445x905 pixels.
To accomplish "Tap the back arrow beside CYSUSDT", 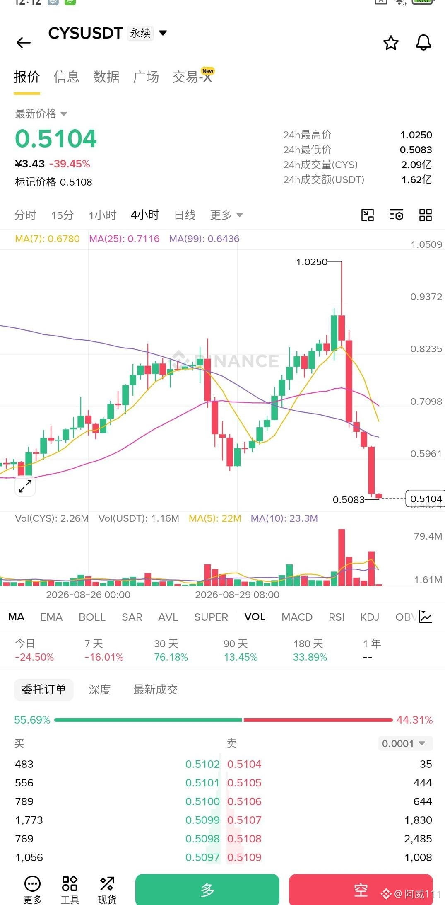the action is pos(23,42).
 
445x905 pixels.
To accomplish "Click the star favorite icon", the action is pos(391,43).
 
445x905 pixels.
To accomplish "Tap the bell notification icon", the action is pos(423,42).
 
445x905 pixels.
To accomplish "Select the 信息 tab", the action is pos(66,77).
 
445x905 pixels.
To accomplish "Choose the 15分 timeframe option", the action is pos(62,215).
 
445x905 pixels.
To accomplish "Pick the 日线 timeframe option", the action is pos(185,215).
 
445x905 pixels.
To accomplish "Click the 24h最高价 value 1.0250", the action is pos(416,135).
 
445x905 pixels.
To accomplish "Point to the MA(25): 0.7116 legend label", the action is pos(124,239).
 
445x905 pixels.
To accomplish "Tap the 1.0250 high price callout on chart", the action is pos(312,262).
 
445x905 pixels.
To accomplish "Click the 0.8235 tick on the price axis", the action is pos(426,349).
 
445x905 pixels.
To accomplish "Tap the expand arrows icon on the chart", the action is pos(25,486).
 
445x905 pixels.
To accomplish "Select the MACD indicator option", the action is pos(297,617).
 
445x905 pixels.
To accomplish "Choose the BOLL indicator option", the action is pos(92,617).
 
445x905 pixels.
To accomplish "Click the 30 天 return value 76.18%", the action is pos(171,657).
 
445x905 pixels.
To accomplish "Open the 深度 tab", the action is pos(100,690).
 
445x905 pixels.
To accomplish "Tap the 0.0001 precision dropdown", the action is pos(405,743).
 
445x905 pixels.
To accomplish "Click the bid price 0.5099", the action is pos(202,820).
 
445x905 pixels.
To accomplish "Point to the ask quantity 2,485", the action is pos(418,839).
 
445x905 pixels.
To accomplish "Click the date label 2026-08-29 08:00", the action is pos(237,595).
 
